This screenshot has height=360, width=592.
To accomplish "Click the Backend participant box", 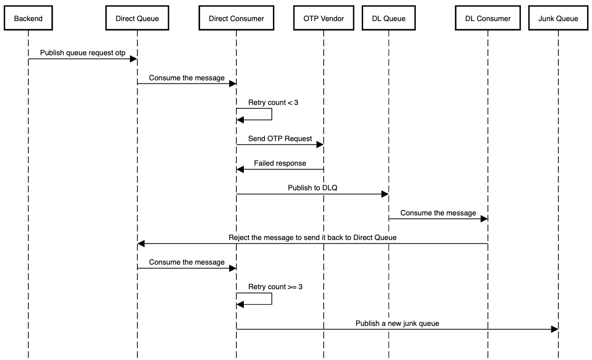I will point(28,19).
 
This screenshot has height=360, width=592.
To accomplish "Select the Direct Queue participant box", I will point(137,19).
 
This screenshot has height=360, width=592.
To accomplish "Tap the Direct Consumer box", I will point(236,19).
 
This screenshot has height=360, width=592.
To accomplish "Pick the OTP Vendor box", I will point(324,19).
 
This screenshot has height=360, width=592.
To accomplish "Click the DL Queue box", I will point(388,19).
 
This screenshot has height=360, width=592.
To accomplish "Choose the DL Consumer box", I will point(487,19).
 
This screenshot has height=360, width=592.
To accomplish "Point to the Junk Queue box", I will point(558,19).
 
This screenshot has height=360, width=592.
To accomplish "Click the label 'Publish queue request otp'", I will point(83,52).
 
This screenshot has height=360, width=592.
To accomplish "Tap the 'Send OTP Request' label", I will point(280,138).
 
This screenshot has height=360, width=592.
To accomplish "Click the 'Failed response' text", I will point(280,163).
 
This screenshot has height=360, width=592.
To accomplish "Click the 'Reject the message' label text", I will point(312,237).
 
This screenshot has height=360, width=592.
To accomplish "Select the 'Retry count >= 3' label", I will point(275,287).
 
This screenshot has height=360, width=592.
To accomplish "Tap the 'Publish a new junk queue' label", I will point(397,323).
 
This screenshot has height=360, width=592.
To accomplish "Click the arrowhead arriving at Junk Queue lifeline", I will point(554,329).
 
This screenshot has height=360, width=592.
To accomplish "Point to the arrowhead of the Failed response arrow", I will point(240,170).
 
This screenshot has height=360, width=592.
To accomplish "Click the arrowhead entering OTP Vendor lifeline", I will point(320,145).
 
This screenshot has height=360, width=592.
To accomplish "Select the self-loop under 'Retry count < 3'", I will point(271,114).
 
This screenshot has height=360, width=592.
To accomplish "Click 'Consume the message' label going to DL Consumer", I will point(438,213).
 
